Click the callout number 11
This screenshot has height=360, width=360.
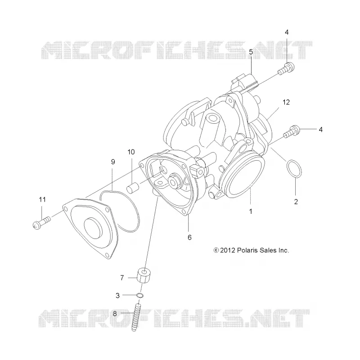click(x=42, y=199)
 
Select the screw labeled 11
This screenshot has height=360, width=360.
click(x=41, y=222)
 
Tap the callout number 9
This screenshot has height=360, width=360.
click(x=113, y=162)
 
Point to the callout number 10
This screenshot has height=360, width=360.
click(x=131, y=152)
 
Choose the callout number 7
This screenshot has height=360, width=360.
click(x=122, y=278)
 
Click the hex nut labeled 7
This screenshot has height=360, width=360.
click(x=144, y=275)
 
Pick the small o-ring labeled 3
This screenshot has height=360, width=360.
click(x=140, y=295)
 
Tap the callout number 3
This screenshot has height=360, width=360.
click(x=117, y=296)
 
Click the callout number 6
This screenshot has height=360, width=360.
click(x=189, y=238)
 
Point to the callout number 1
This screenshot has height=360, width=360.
click(x=251, y=211)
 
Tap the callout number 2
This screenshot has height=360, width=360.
click(x=296, y=202)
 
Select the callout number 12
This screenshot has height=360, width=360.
click(x=286, y=102)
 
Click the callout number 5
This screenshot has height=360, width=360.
click(x=251, y=52)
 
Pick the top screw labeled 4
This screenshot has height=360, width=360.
click(x=286, y=68)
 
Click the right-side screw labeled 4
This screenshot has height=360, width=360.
click(x=292, y=131)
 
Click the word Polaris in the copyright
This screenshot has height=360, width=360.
click(x=247, y=250)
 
